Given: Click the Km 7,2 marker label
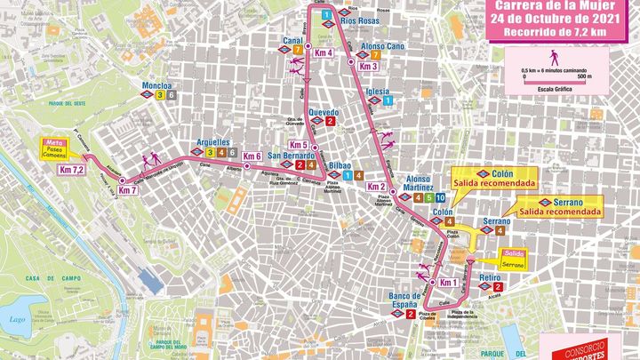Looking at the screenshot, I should pyautogui.click(x=71, y=170).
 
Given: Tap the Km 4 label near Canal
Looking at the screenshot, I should pyautogui.click(x=324, y=53).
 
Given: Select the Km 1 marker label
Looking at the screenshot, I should pyautogui.click(x=448, y=284).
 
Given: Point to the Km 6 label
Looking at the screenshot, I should pyautogui.click(x=252, y=156).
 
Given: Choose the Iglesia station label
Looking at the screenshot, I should pyautogui.click(x=379, y=92).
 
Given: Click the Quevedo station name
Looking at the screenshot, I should pyautogui.click(x=324, y=112).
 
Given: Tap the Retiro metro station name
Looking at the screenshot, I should pyautogui.click(x=490, y=278).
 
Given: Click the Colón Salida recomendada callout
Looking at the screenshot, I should pyautogui.click(x=494, y=178).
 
